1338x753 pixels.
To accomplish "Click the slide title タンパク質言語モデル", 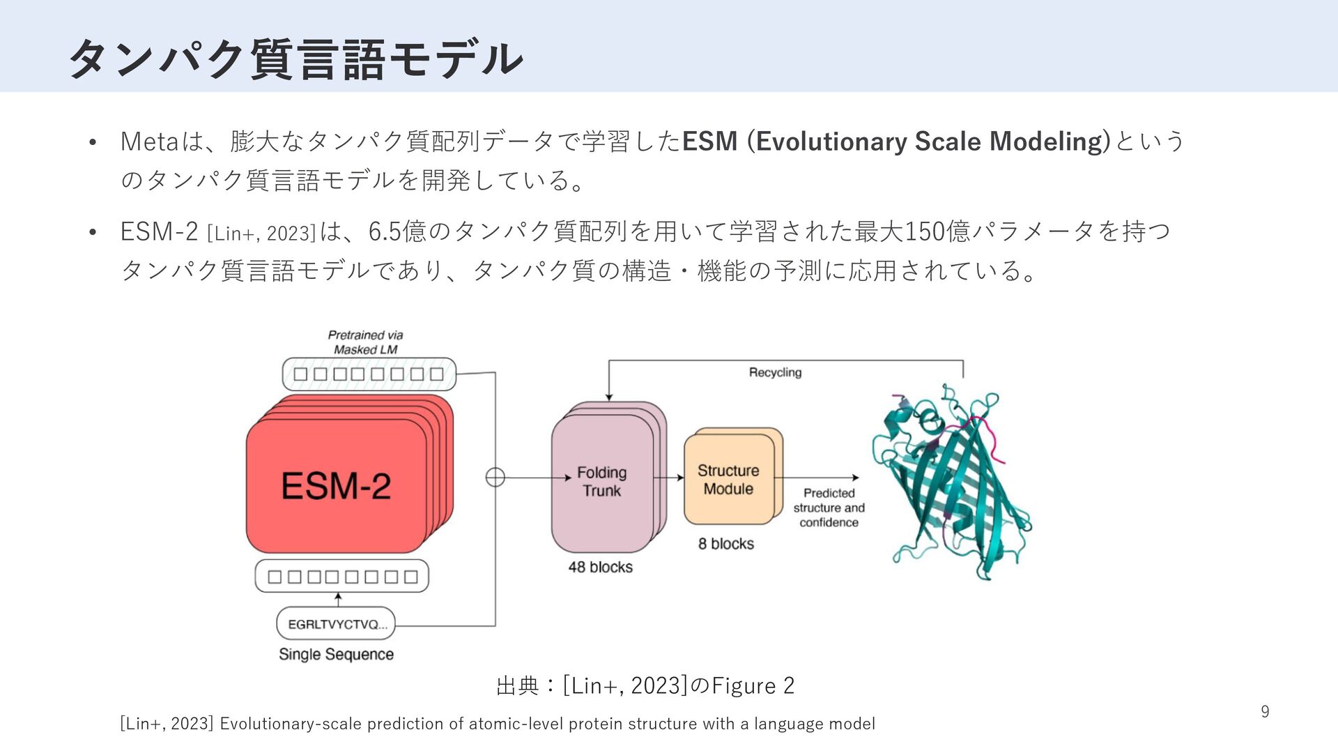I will [x=296, y=59].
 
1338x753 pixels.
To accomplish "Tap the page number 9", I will [x=1265, y=712].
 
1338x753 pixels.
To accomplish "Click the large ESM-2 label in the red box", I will [x=336, y=486].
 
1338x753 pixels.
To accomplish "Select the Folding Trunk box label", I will [x=602, y=482].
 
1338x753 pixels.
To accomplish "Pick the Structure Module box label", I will [x=728, y=480].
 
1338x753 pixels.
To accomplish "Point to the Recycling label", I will [x=775, y=372].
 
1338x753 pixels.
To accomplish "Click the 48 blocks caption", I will [x=600, y=567].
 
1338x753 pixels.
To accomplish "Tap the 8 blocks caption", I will [x=726, y=544].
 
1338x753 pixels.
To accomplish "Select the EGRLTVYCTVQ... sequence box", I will [x=336, y=624].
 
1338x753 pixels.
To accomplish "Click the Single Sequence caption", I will [x=336, y=655].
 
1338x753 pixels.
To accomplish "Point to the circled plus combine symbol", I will [x=495, y=478].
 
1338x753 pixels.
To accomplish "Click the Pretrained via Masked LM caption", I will [x=365, y=342].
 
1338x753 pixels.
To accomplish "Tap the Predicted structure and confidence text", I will [x=829, y=508].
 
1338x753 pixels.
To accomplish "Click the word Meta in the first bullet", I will [x=149, y=142].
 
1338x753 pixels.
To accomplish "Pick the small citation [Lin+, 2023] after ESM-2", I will [x=261, y=233].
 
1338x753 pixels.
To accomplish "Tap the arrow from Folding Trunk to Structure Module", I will [x=670, y=478].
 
